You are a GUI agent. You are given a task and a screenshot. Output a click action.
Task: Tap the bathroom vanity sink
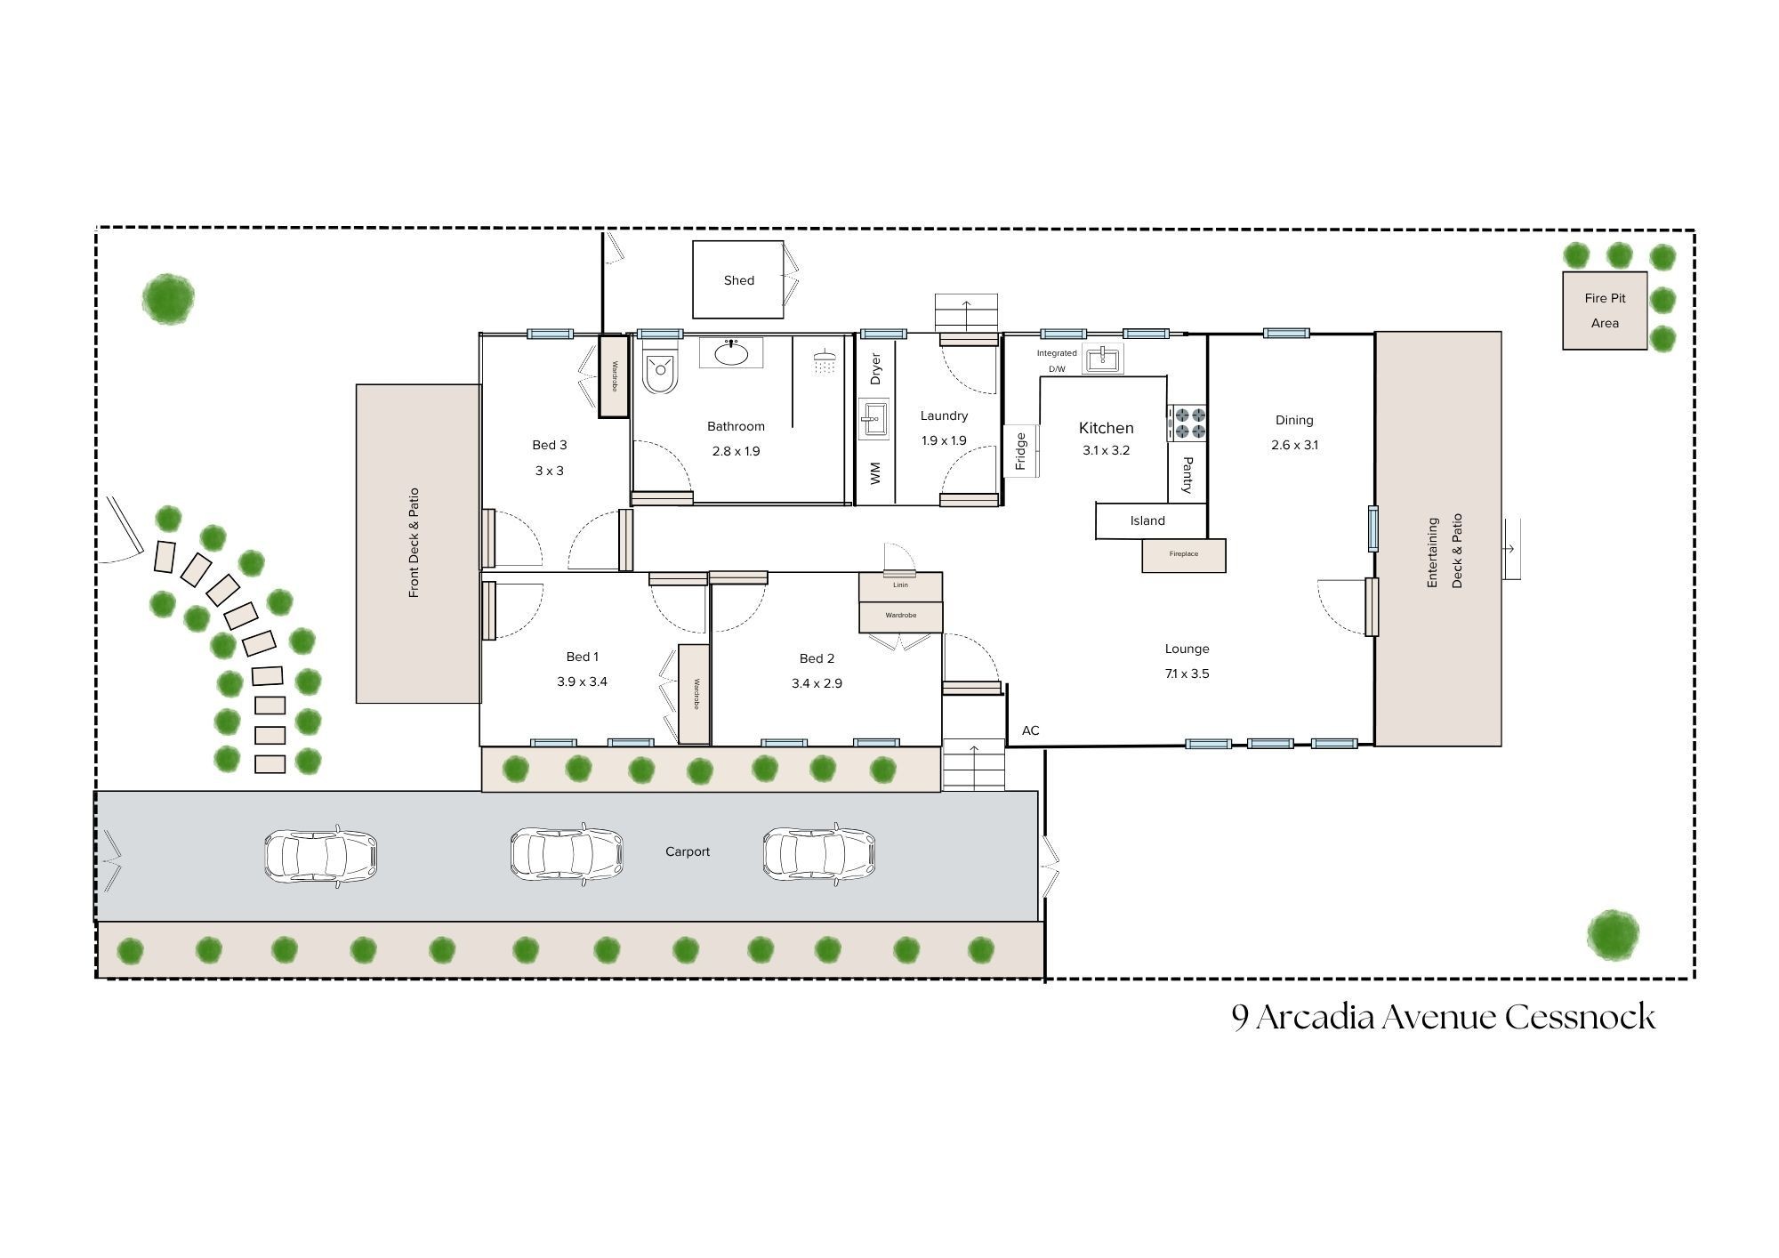pos(731,353)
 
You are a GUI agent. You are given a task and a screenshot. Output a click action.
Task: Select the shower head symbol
pos(825,362)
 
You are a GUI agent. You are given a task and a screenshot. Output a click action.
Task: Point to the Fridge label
pos(1021,451)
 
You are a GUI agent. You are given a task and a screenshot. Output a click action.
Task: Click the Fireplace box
pos(1184,555)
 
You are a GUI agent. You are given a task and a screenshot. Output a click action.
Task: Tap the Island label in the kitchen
pos(1147,521)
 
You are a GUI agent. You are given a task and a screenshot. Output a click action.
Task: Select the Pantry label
pos(1187,475)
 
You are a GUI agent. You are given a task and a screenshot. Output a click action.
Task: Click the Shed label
pos(738,280)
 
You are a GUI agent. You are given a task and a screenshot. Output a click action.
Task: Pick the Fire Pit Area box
pos(1605,310)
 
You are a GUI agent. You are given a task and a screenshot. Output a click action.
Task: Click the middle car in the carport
pos(566,853)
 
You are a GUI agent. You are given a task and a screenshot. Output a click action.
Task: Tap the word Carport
pos(688,852)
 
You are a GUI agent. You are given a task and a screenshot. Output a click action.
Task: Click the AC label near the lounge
pos(1030,731)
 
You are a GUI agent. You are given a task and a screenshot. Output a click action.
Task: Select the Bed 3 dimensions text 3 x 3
pos(549,471)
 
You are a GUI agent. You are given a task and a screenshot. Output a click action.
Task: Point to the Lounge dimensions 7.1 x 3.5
pos(1187,674)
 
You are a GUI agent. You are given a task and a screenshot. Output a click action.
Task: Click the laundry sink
pos(873,418)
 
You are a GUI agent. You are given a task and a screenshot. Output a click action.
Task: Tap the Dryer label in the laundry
pos(875,369)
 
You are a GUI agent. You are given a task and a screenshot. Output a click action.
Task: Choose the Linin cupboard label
pos(900,585)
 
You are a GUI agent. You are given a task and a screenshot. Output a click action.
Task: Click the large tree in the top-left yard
pos(167,298)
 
